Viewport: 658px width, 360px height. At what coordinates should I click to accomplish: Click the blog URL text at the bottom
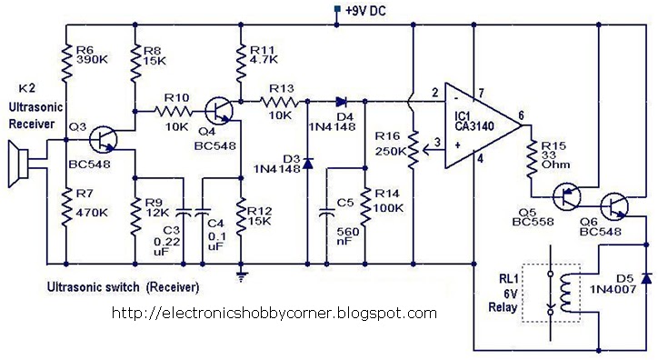[273, 314]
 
